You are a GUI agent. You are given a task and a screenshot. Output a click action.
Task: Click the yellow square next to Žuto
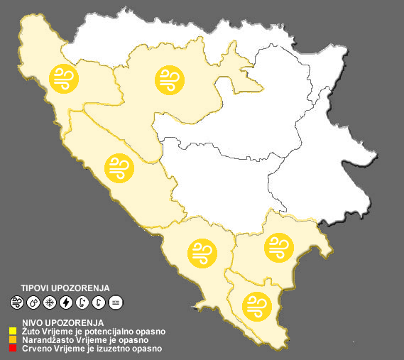coord(13,331)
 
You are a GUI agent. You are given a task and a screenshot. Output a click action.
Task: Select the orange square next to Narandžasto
coord(13,340)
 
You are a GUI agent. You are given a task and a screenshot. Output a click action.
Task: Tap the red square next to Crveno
coord(13,349)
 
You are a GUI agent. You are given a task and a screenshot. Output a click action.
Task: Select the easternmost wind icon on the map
coord(278,247)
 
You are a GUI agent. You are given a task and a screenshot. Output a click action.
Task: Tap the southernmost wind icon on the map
coord(256,305)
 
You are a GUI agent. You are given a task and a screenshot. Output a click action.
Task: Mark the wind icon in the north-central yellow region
coord(169,80)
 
